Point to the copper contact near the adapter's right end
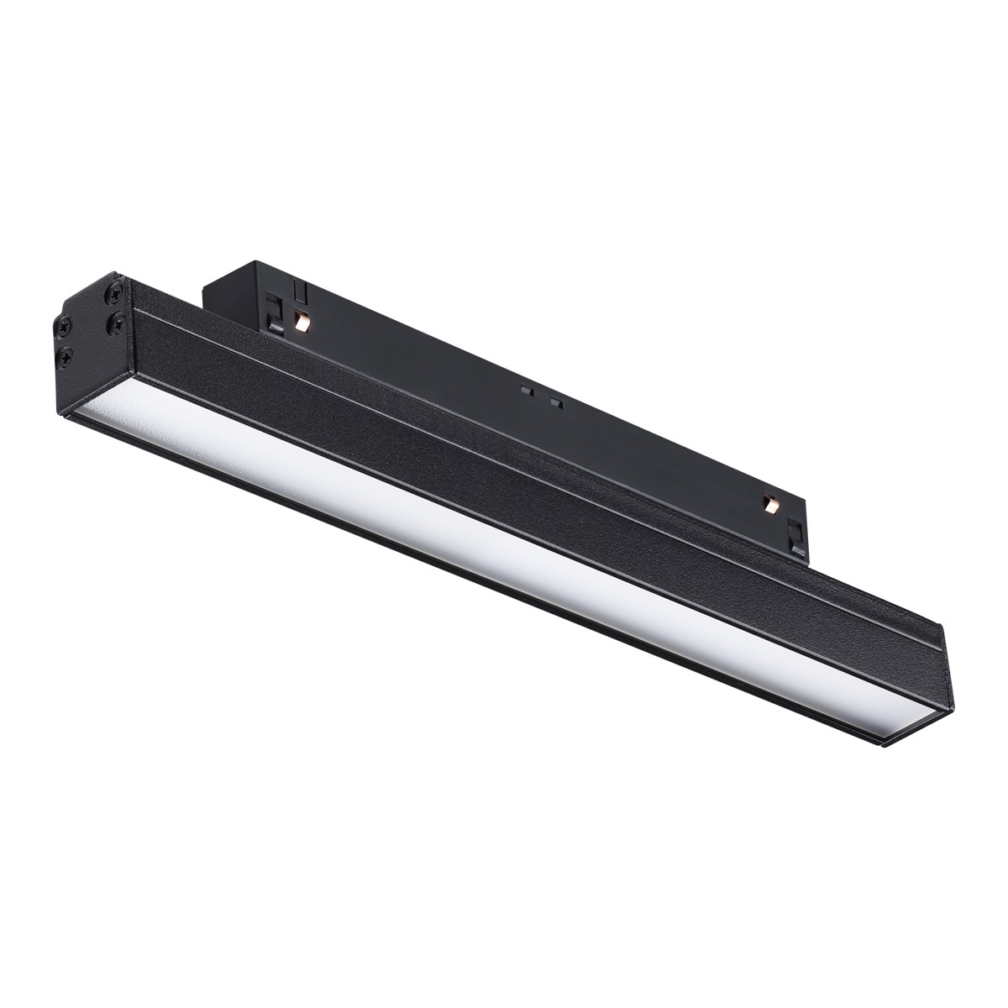(769, 504)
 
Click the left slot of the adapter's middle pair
(526, 391)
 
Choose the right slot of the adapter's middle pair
(554, 402)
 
